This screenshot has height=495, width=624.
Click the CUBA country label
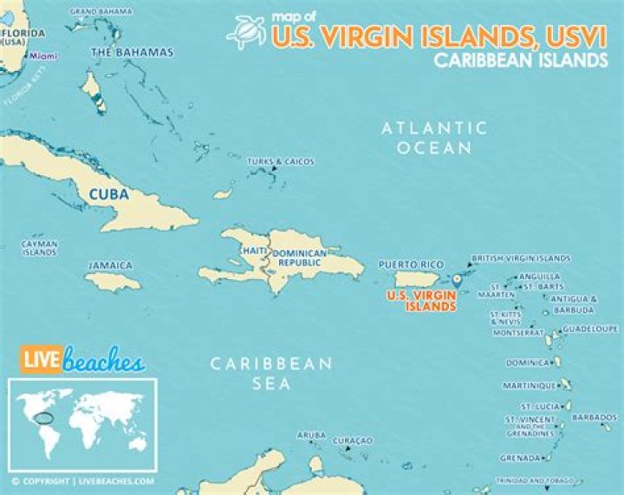tap(109, 195)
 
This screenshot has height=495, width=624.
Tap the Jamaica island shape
tap(113, 281)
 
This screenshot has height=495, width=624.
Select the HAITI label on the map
tap(254, 251)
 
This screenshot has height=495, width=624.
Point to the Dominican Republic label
tap(301, 257)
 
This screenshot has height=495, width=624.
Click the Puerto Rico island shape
tap(420, 280)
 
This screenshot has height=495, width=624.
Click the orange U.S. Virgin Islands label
tap(420, 300)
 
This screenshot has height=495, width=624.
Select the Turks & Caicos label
tap(280, 162)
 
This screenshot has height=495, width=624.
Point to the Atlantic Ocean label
tap(434, 138)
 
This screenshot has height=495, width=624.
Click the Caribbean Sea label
tap(272, 373)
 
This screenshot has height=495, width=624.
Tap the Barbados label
tap(595, 416)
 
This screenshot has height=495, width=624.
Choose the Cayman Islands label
tap(40, 248)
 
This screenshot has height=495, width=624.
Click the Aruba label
tap(311, 434)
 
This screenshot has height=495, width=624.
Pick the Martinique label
tap(529, 385)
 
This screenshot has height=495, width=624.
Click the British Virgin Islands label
tap(520, 258)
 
